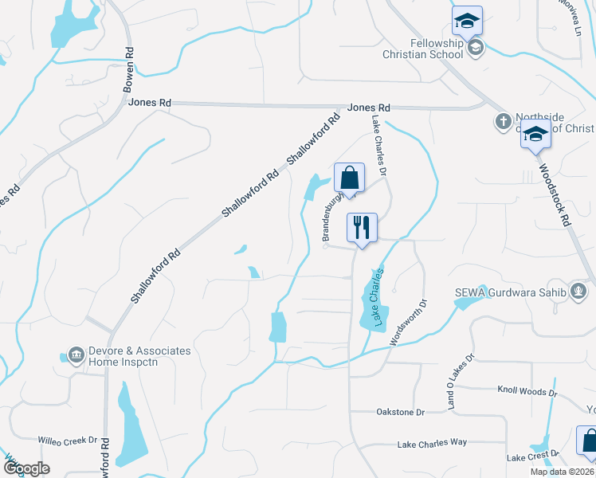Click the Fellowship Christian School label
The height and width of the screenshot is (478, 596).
coord(437,49)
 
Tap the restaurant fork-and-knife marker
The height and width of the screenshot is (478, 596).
coord(361,228)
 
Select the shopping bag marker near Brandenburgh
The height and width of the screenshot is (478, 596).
coord(349,178)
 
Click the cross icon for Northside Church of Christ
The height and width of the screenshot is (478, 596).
coord(503,122)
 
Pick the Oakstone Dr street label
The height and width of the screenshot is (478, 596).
coord(400,412)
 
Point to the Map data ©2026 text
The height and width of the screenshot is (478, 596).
coord(562,472)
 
